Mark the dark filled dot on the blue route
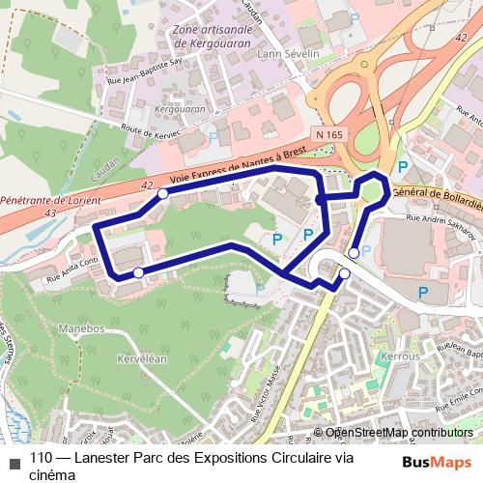coord(320,200)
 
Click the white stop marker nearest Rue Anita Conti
coord(139,273)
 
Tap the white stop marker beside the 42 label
coord(162,194)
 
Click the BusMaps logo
coord(437,462)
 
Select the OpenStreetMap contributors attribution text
coord(398,433)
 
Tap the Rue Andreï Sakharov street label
coord(442,220)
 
